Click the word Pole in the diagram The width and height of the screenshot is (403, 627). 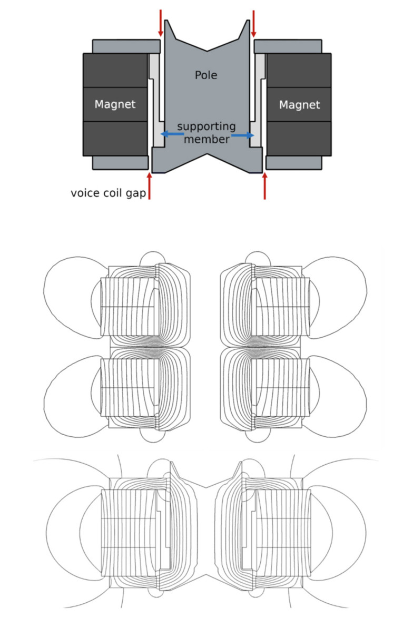point(205,75)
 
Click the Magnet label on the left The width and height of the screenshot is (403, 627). point(115,104)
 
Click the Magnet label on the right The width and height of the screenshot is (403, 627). point(299,104)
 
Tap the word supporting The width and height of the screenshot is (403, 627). point(206,127)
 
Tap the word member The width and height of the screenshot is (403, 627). point(211,139)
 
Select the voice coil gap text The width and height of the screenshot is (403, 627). point(108,193)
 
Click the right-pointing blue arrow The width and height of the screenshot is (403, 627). point(243,135)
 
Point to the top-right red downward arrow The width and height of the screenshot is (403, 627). point(254,24)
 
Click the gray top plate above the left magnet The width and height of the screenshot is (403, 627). point(126,46)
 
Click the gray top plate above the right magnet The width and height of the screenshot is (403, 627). point(288,46)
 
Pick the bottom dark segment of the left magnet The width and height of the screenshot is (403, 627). point(115,138)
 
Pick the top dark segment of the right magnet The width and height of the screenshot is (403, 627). point(299,70)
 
